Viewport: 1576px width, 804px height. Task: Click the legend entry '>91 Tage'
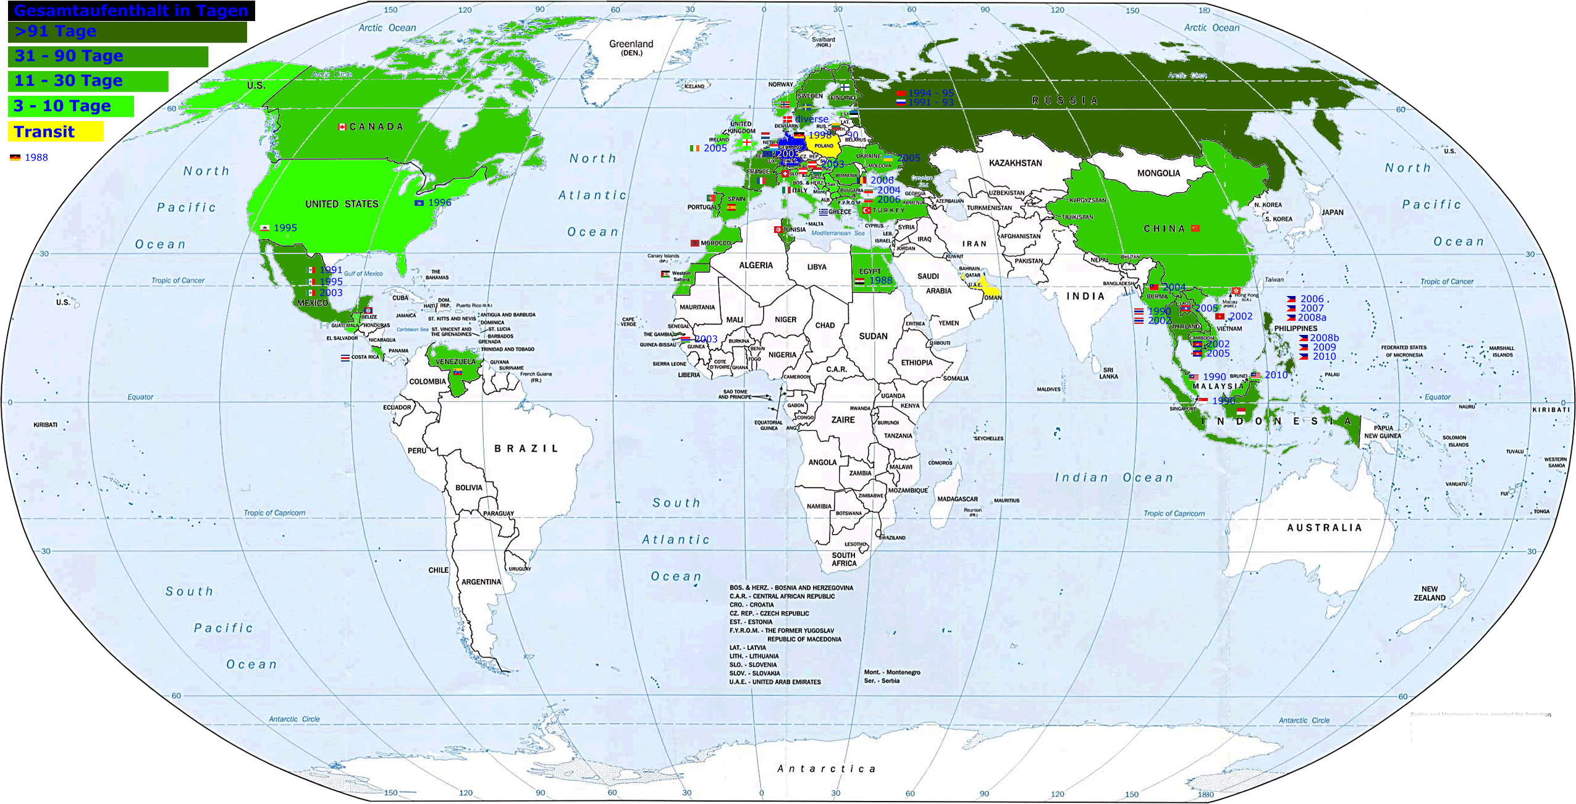pyautogui.click(x=56, y=32)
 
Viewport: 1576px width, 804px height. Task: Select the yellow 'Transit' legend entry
pyautogui.click(x=44, y=132)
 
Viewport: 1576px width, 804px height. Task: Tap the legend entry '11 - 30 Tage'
pyautogui.click(x=69, y=81)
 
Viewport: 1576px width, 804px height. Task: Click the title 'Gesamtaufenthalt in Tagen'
pyautogui.click(x=131, y=11)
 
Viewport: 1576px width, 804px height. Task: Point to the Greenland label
pyautogui.click(x=631, y=44)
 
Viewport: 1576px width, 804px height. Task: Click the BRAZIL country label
pyautogui.click(x=526, y=449)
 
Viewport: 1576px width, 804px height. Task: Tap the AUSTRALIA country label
pyautogui.click(x=1324, y=528)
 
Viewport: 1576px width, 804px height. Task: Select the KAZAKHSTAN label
pyautogui.click(x=1015, y=163)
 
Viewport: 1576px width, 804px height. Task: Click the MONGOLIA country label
pyautogui.click(x=1158, y=173)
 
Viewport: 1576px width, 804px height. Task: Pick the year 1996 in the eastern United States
pyautogui.click(x=439, y=203)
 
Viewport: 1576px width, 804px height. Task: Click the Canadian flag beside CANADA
pyautogui.click(x=342, y=127)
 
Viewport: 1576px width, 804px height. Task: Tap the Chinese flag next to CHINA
pyautogui.click(x=1195, y=228)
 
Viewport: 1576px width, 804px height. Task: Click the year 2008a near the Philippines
pyautogui.click(x=1312, y=318)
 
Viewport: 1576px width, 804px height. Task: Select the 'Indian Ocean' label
pyautogui.click(x=1113, y=478)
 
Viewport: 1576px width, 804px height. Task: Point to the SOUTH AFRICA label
pyautogui.click(x=844, y=559)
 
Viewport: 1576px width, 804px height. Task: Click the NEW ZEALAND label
pyautogui.click(x=1429, y=593)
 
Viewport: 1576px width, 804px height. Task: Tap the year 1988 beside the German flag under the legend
pyautogui.click(x=36, y=158)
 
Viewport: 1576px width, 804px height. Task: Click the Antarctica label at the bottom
pyautogui.click(x=826, y=769)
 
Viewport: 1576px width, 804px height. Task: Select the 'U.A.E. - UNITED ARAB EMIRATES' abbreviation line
pyautogui.click(x=775, y=682)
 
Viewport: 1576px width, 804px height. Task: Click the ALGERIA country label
pyautogui.click(x=756, y=265)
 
